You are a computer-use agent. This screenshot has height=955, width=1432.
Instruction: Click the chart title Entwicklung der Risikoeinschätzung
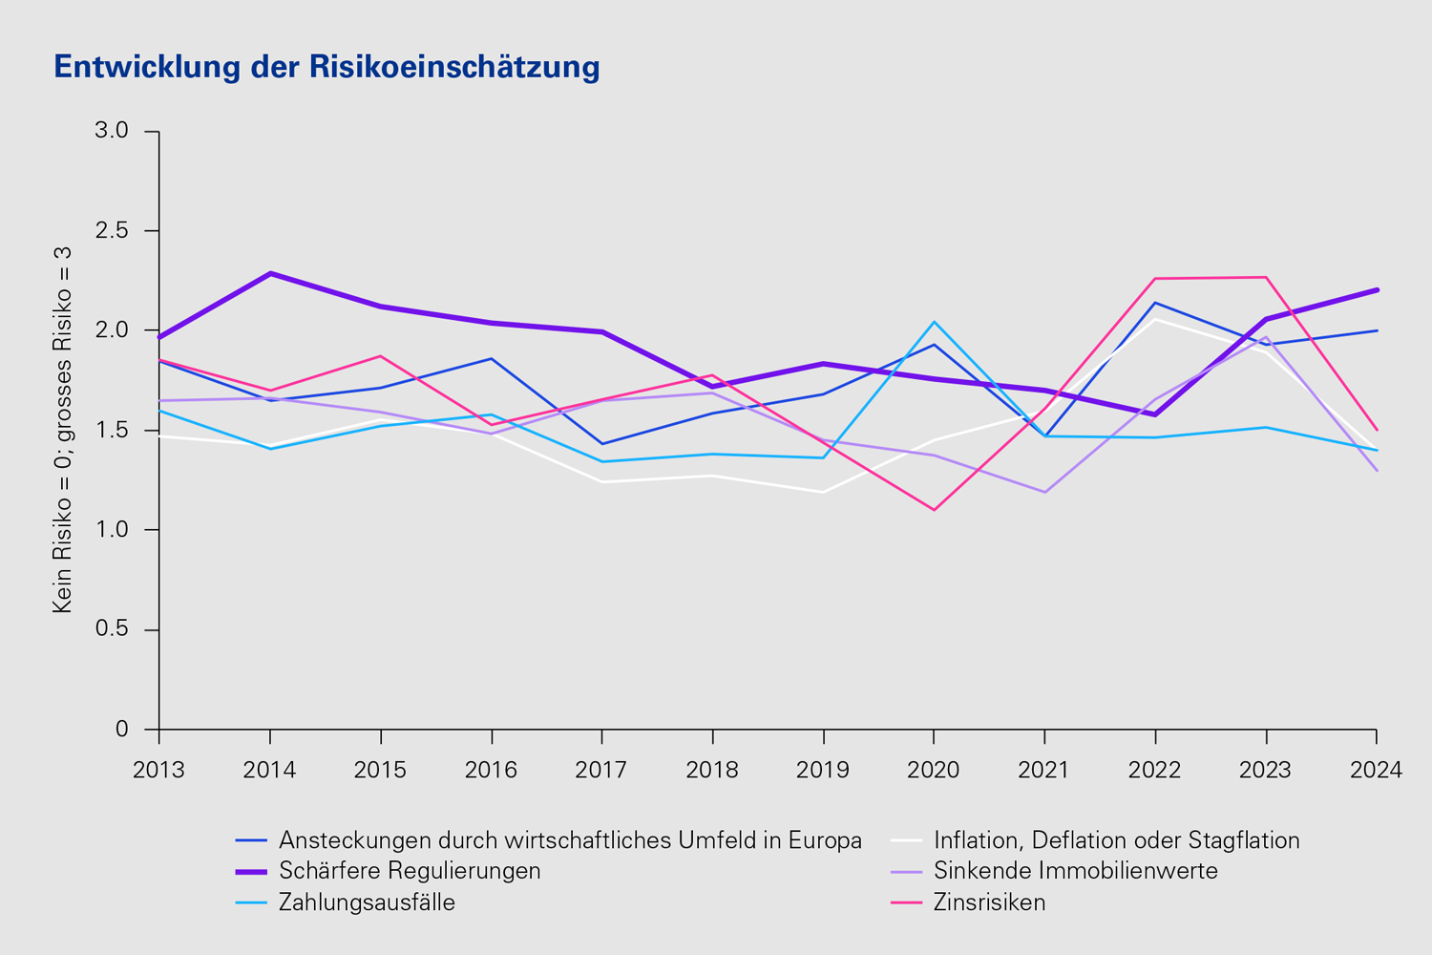click(326, 67)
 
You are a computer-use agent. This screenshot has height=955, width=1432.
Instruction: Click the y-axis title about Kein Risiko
click(63, 429)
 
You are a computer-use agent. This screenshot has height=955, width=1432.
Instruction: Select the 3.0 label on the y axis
click(112, 130)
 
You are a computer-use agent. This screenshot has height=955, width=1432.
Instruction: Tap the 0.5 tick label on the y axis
click(112, 629)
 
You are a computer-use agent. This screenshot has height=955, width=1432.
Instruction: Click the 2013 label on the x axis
click(158, 770)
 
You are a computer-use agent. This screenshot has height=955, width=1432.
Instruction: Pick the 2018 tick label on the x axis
click(712, 770)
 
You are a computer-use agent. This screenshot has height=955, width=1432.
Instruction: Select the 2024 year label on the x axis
click(1376, 770)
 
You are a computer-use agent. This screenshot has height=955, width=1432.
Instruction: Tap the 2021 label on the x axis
click(1044, 770)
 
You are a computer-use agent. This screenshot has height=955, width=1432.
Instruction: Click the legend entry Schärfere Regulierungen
click(410, 871)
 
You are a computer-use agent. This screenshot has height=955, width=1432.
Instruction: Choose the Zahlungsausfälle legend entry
click(367, 902)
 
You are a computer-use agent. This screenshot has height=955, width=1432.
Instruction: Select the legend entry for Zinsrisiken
click(989, 902)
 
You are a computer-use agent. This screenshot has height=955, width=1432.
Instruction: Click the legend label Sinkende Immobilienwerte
click(1075, 871)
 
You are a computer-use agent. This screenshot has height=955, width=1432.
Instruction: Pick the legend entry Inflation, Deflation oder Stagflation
click(1116, 840)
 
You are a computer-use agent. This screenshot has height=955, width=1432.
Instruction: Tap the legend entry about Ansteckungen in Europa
click(570, 840)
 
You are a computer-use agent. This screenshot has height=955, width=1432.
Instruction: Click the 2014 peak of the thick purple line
click(270, 273)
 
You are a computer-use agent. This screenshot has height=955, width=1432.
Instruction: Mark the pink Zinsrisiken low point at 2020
click(934, 510)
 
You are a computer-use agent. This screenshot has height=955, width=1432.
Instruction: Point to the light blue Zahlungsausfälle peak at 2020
click(934, 322)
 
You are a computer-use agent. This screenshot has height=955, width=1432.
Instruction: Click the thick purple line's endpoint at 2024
click(1376, 289)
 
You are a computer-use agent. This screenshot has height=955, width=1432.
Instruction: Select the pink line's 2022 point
click(1155, 279)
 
